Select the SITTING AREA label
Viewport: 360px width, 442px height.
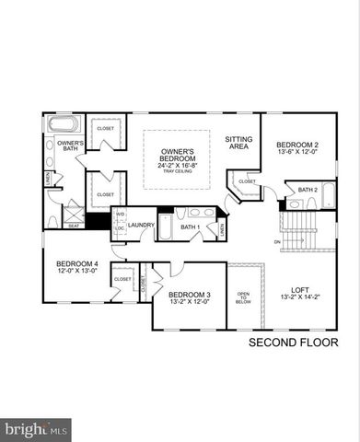[239, 143]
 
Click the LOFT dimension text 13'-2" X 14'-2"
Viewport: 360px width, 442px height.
[299, 297]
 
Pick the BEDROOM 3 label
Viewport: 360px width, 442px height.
[189, 295]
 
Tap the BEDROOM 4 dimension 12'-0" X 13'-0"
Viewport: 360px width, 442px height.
[75, 270]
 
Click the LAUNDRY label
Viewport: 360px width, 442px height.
[141, 225]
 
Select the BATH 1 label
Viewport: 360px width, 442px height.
[190, 227]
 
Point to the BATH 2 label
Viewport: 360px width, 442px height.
[308, 191]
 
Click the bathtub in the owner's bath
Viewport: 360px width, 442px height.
[64, 124]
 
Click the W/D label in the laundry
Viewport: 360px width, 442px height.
[120, 218]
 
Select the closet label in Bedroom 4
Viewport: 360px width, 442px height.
[122, 277]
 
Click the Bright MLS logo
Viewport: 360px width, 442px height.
[36, 428]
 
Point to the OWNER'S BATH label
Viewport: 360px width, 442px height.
[70, 147]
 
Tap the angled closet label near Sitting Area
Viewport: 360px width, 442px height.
[248, 181]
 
